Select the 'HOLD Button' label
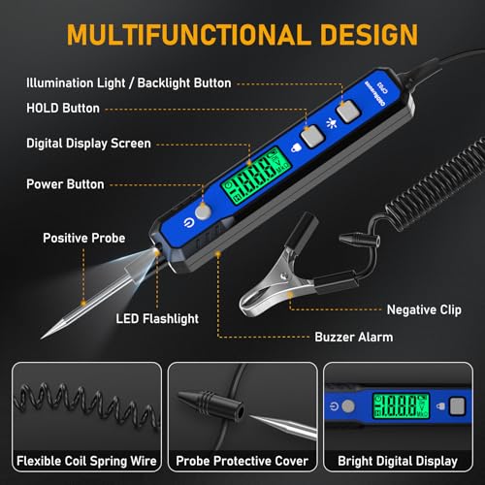(x=63, y=108)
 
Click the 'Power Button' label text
(x=65, y=184)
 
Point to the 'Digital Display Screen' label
(x=88, y=144)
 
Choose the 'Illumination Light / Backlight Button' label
(x=129, y=83)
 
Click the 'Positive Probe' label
(x=84, y=238)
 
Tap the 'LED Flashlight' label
(x=157, y=319)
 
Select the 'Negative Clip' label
(x=424, y=309)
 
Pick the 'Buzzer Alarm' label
(x=354, y=337)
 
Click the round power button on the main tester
(x=203, y=211)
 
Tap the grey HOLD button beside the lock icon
(x=312, y=137)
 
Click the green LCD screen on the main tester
(x=256, y=177)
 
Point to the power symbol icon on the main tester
(x=188, y=223)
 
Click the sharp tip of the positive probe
(x=42, y=339)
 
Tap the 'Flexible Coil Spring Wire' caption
(x=86, y=461)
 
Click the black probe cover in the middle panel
(x=210, y=405)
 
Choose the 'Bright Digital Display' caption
(x=398, y=461)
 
